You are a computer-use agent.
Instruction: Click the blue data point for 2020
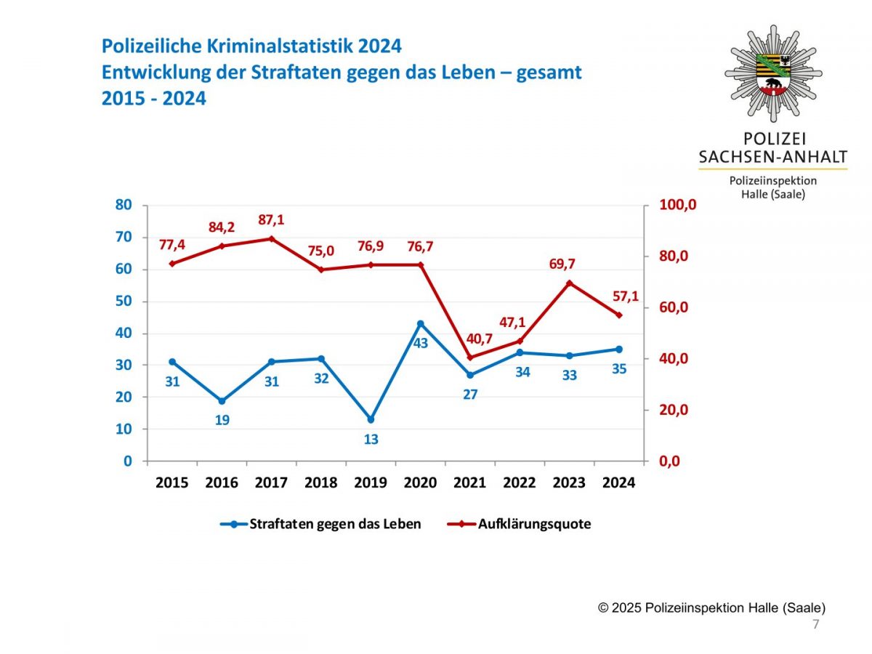pyautogui.click(x=420, y=323)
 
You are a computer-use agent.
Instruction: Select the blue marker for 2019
pyautogui.click(x=371, y=419)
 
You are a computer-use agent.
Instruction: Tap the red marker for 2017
pyautogui.click(x=271, y=238)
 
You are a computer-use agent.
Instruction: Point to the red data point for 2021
pyautogui.click(x=469, y=358)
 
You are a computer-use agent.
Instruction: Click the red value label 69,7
pyautogui.click(x=562, y=264)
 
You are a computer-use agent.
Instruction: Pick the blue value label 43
pyautogui.click(x=421, y=342)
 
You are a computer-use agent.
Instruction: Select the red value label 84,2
pyautogui.click(x=222, y=227)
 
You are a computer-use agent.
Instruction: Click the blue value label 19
pyautogui.click(x=222, y=420)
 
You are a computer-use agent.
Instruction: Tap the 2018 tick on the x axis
pyautogui.click(x=320, y=483)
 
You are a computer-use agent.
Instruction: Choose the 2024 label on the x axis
pyautogui.click(x=618, y=483)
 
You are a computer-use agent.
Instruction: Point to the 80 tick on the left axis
pyautogui.click(x=124, y=205)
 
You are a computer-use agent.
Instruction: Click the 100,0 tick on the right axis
pyautogui.click(x=677, y=205)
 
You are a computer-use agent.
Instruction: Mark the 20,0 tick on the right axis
pyautogui.click(x=673, y=410)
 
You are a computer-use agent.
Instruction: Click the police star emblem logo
pyautogui.click(x=773, y=73)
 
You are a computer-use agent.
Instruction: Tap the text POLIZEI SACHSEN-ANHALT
pyautogui.click(x=772, y=148)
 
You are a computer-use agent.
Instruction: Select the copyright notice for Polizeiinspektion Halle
pyautogui.click(x=711, y=608)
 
